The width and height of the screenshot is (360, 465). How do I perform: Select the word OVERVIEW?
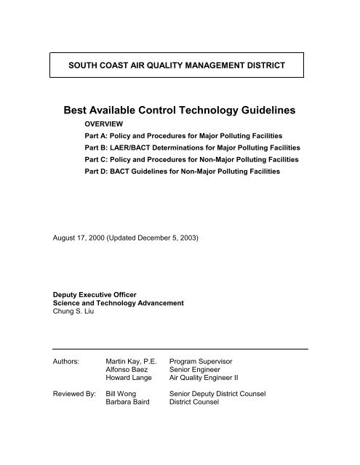coord(105,125)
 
